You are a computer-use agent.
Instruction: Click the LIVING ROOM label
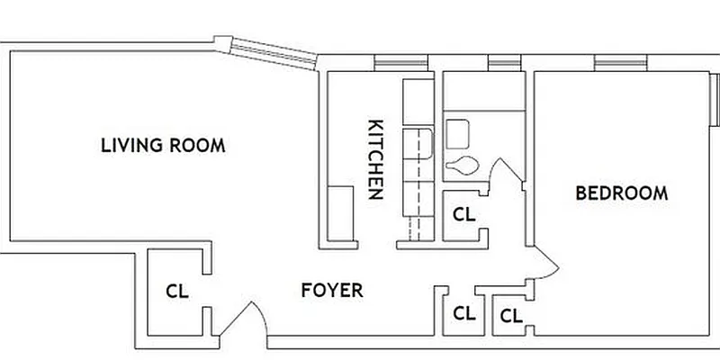[x=162, y=145]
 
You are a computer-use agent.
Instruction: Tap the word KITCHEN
[x=377, y=159]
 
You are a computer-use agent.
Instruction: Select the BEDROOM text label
[x=622, y=193]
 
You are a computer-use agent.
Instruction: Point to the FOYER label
[x=332, y=291]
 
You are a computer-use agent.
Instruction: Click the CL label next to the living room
[x=176, y=292]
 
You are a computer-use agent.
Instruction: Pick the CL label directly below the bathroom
[x=463, y=215]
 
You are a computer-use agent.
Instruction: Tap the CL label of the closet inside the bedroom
[x=511, y=316]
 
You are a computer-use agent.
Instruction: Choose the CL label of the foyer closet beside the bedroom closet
[x=463, y=314]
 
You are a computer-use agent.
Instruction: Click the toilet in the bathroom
[x=463, y=165]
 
